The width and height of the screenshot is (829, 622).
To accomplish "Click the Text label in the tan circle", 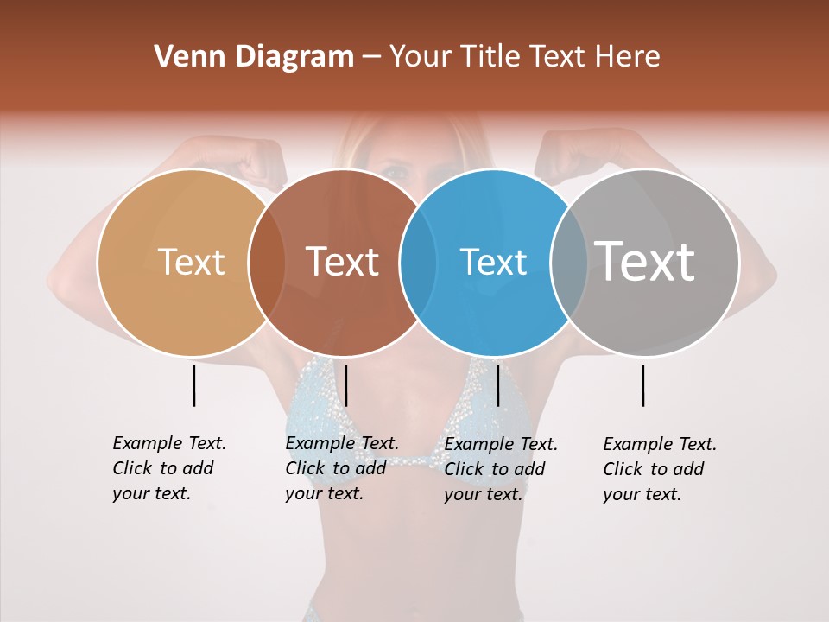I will [191, 262].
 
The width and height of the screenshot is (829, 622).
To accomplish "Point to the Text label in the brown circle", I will [343, 262].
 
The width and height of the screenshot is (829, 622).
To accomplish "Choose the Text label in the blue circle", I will [493, 262].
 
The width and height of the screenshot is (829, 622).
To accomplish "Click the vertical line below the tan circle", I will [193, 385].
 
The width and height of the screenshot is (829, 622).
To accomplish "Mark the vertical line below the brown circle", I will [345, 385].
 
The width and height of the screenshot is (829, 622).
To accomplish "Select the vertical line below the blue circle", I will [497, 385].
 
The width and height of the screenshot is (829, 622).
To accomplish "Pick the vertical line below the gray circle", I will [642, 385].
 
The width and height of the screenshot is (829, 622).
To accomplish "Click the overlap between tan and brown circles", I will [267, 263].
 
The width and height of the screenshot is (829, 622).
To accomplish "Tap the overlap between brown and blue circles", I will [418, 263].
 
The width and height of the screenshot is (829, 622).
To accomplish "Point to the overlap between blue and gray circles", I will [569, 263].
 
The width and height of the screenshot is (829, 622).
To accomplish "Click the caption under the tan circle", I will [169, 468].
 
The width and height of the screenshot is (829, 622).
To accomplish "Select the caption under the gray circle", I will [660, 469].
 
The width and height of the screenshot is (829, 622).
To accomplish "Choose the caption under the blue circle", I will [501, 469].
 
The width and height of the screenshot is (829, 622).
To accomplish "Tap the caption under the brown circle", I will [342, 468].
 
